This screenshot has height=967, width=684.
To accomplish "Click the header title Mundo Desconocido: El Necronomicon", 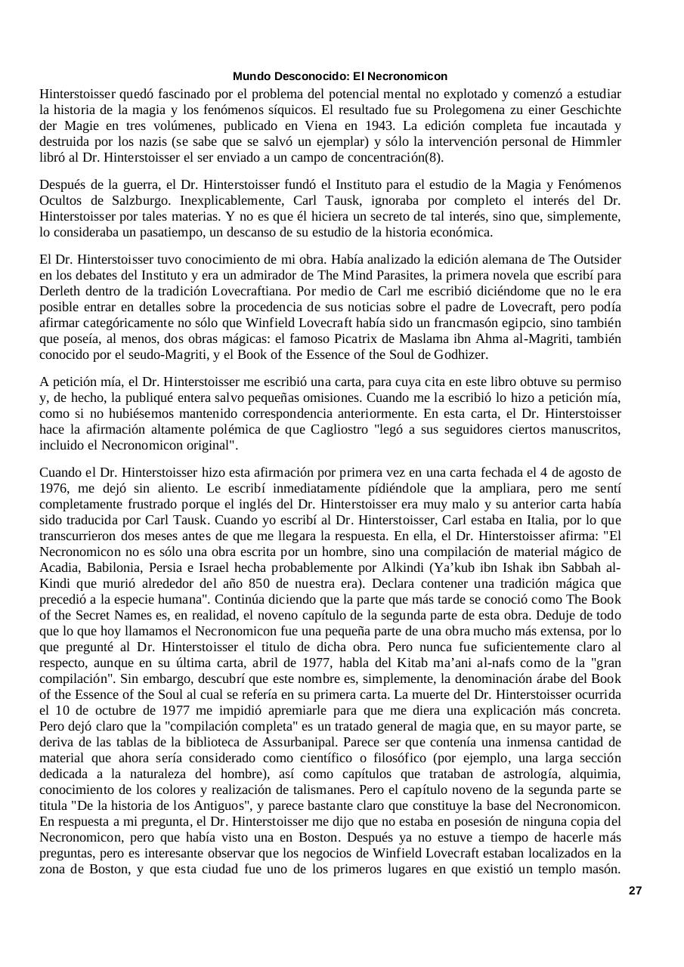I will pyautogui.click(x=339, y=76).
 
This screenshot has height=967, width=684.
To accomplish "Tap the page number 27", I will pyautogui.click(x=635, y=891).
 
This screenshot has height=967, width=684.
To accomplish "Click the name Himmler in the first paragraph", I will pyautogui.click(x=595, y=142).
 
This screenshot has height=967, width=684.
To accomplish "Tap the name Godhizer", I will pyautogui.click(x=462, y=355).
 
